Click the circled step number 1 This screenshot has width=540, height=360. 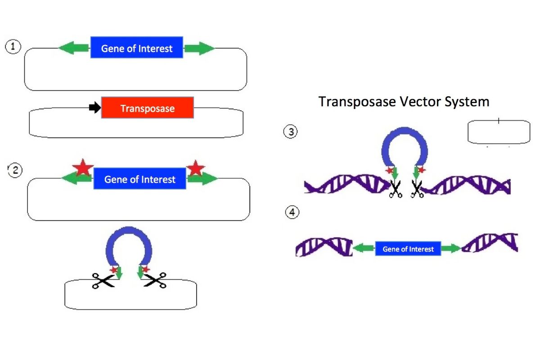[13, 47]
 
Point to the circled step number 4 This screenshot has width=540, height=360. [292, 212]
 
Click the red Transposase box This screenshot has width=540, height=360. [147, 108]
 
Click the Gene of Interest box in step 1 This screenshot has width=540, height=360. [137, 48]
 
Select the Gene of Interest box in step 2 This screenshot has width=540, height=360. [139, 179]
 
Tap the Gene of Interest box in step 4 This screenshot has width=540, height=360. [408, 248]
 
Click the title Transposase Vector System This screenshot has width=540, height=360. [404, 102]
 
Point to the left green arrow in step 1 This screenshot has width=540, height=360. [75, 48]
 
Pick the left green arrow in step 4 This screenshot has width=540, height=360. [364, 248]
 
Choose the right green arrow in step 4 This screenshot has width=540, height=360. [451, 248]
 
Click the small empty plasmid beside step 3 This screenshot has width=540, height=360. [499, 132]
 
